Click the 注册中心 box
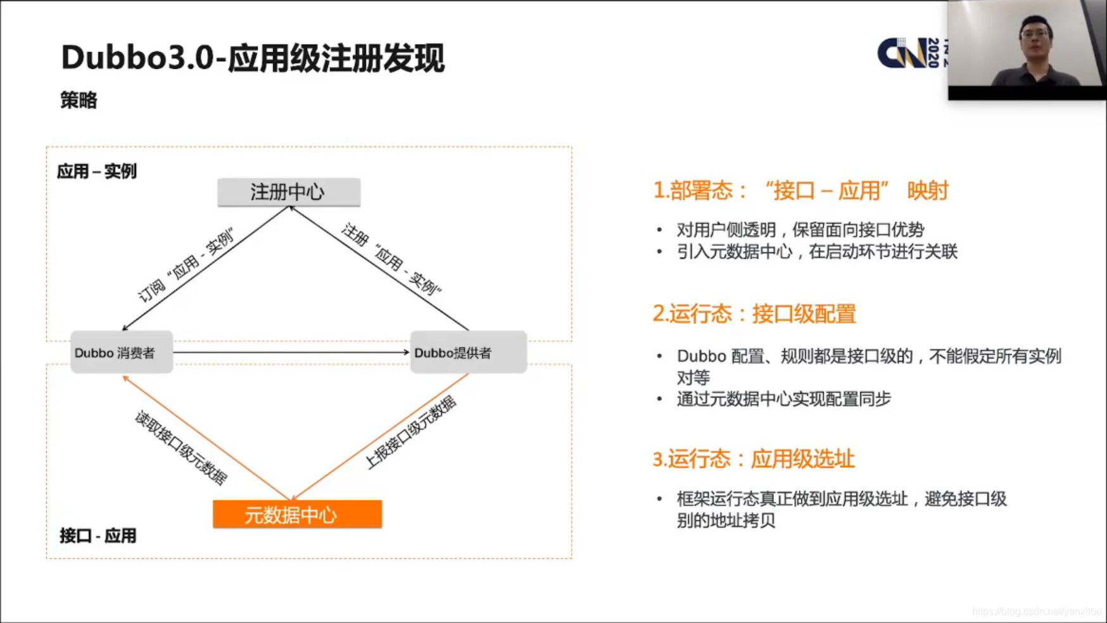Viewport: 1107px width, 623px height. tap(289, 192)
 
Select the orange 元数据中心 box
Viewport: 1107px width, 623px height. tap(297, 514)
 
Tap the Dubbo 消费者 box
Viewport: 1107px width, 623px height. tap(122, 352)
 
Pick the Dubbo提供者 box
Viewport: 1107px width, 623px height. tap(468, 352)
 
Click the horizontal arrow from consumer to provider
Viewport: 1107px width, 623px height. tap(291, 352)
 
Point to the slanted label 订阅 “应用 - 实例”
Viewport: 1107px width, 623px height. tap(186, 265)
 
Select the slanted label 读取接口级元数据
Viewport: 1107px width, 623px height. tap(180, 448)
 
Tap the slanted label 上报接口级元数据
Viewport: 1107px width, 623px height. tap(410, 432)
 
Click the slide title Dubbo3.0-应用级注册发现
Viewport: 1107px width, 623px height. tap(253, 58)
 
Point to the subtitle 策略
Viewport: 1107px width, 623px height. tap(79, 100)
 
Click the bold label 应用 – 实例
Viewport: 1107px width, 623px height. tap(96, 171)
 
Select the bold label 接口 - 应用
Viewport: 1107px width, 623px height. tap(98, 536)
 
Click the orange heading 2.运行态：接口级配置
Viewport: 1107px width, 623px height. tap(754, 313)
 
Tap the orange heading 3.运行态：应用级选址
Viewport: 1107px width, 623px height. tap(754, 458)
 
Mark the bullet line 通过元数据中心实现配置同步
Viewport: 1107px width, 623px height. tap(783, 399)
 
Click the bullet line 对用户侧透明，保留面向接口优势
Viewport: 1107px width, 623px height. tap(800, 229)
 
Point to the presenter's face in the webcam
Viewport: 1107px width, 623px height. tap(1036, 38)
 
